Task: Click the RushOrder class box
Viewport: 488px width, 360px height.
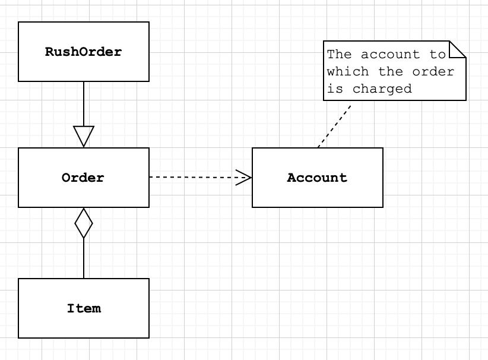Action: (x=83, y=65)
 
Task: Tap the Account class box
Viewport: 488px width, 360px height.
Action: (x=317, y=193)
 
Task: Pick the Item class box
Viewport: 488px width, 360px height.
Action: (x=83, y=324)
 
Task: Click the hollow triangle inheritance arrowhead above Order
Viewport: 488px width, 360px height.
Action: (x=84, y=136)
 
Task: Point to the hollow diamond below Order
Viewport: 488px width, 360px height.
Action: (x=84, y=223)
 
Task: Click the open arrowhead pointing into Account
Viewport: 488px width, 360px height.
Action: (x=244, y=177)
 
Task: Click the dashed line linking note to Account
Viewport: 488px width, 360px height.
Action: (x=334, y=126)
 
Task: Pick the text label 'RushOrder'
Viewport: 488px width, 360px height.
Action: (x=83, y=52)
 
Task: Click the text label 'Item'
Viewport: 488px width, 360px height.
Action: (x=83, y=308)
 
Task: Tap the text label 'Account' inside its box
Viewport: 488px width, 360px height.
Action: (x=317, y=178)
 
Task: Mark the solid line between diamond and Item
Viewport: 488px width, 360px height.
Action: (x=84, y=258)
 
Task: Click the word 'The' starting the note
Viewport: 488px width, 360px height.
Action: (x=340, y=55)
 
